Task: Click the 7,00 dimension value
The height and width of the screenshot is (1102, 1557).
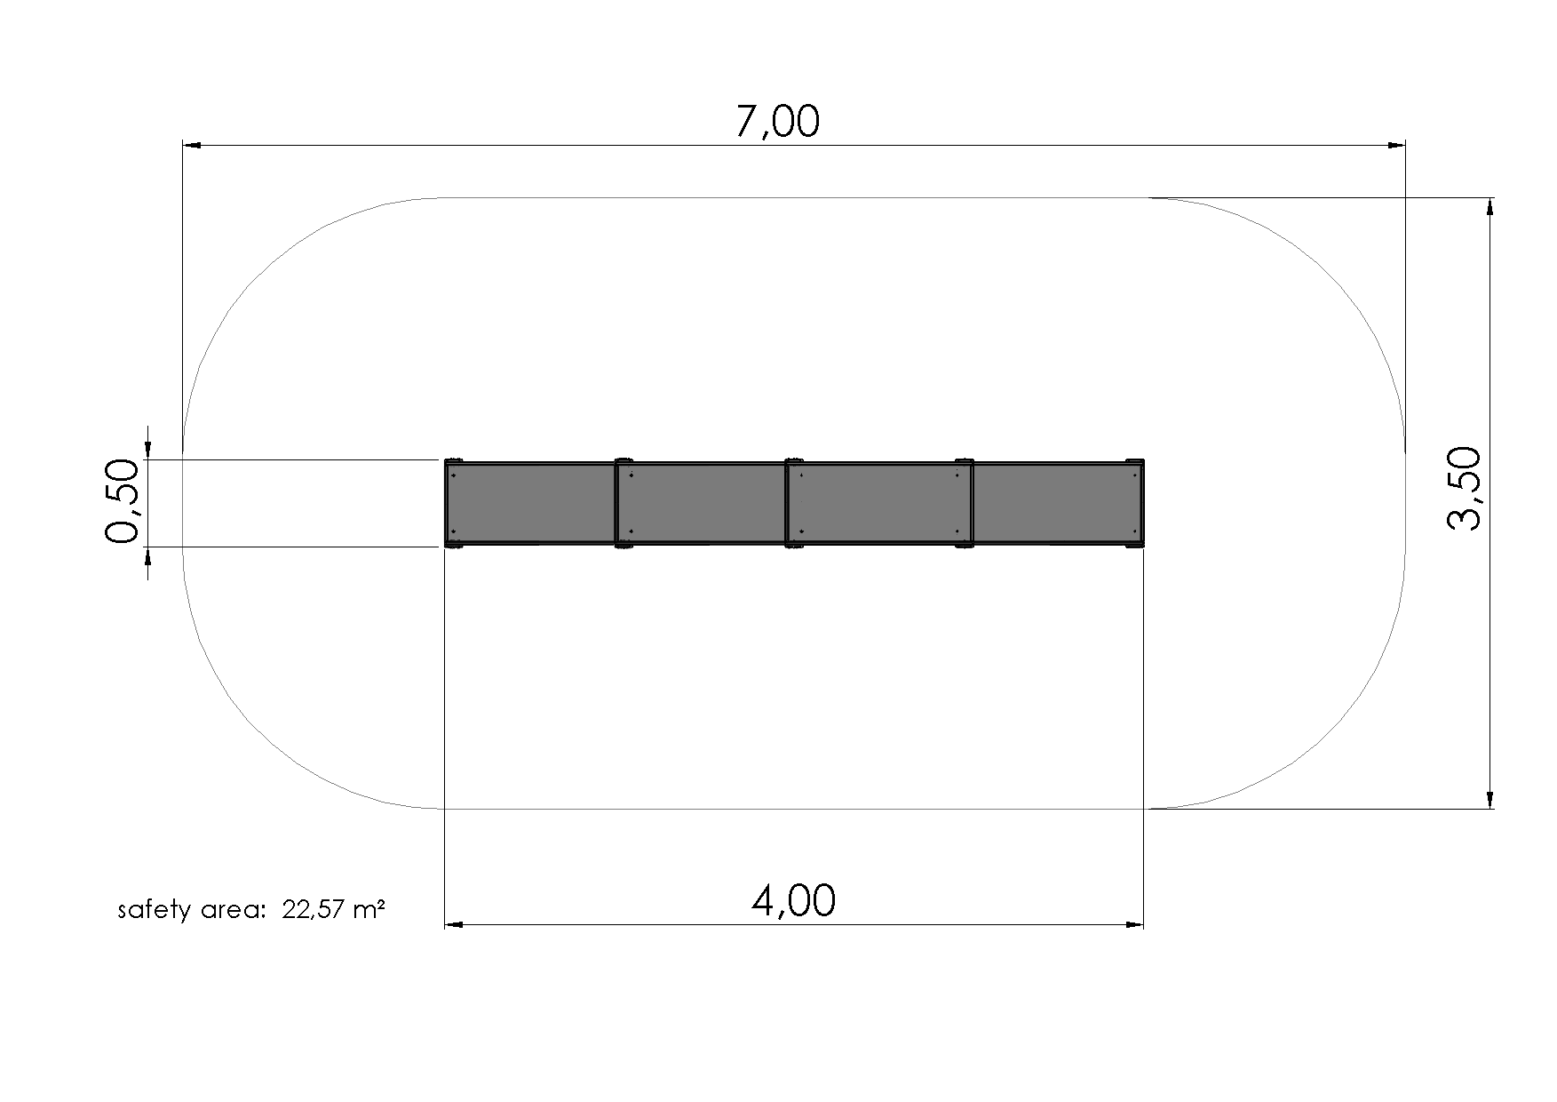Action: coord(778,123)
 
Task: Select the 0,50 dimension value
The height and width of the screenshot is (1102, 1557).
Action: coord(123,501)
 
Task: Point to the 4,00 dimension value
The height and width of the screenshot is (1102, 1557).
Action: coord(793,902)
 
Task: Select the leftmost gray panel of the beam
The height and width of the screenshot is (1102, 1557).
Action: coord(530,502)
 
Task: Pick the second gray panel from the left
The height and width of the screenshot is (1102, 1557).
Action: coord(702,502)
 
